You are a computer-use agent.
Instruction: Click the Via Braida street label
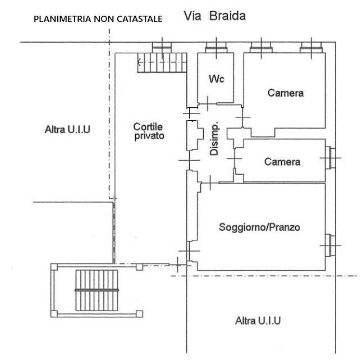(215, 16)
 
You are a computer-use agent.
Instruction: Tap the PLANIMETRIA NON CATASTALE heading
(98, 19)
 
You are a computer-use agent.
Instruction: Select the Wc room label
(217, 79)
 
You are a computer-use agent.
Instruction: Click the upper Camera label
(285, 93)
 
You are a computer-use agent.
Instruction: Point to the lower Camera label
(282, 162)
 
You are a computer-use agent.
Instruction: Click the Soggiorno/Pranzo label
(259, 227)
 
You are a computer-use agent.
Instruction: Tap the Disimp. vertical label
(214, 139)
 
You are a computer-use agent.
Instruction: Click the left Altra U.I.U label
(67, 130)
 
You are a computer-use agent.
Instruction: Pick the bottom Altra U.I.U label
(258, 321)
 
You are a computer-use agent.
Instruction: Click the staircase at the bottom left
(98, 289)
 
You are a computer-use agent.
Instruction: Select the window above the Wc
(216, 48)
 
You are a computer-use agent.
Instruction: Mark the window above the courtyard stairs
(162, 48)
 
